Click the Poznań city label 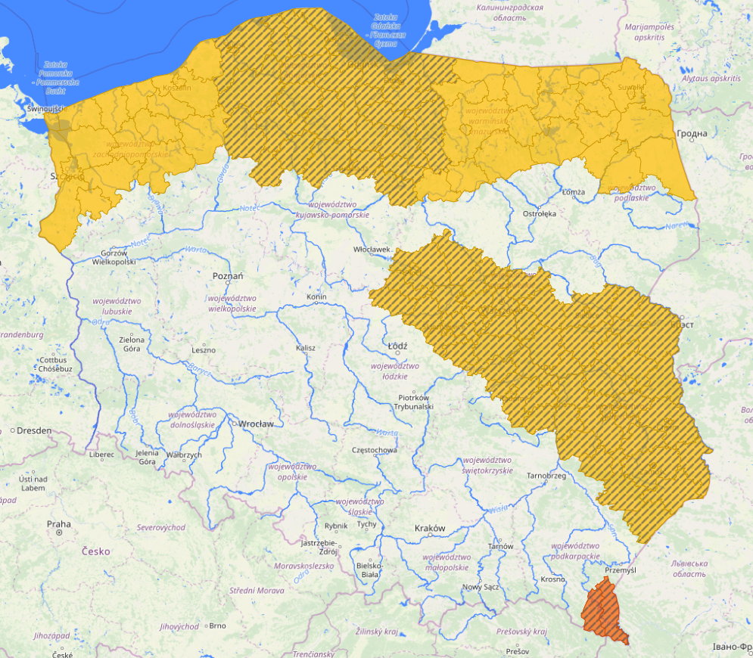click(227, 276)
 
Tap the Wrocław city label click(256, 424)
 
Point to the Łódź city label click(397, 346)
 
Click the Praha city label click(58, 524)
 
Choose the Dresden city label click(33, 430)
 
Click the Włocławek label click(372, 250)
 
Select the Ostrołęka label click(539, 214)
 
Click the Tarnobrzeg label click(546, 476)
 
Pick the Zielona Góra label click(132, 345)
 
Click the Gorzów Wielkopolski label click(114, 257)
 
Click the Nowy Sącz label click(481, 587)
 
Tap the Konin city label click(316, 297)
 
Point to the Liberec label click(101, 455)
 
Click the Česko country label click(96, 551)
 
